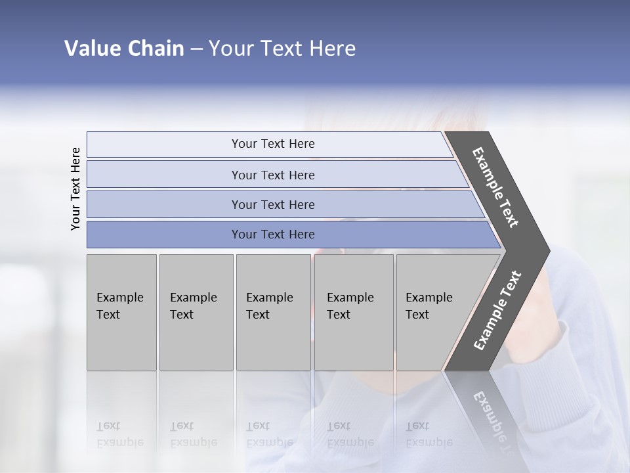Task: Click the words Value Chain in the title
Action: coord(124,49)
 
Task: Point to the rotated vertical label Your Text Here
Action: coord(75,189)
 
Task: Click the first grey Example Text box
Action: coord(121,312)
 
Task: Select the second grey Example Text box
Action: coord(196,312)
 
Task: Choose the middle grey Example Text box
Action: coord(273,312)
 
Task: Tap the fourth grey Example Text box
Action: coord(354,312)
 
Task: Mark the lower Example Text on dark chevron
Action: coord(497,311)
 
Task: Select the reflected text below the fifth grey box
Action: coord(429,434)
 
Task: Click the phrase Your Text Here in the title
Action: coord(282,49)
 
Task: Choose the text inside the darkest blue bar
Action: coord(273,235)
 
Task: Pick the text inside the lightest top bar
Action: coord(273,144)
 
